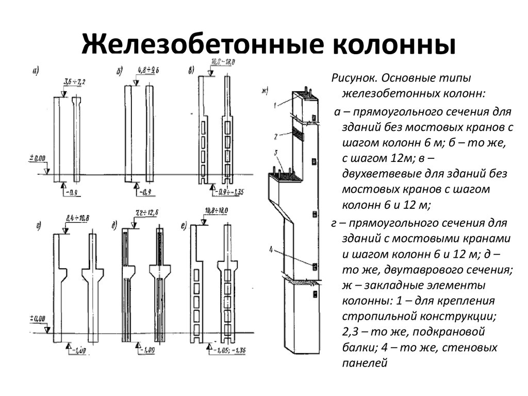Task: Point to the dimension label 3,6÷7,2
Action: click(x=74, y=82)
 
